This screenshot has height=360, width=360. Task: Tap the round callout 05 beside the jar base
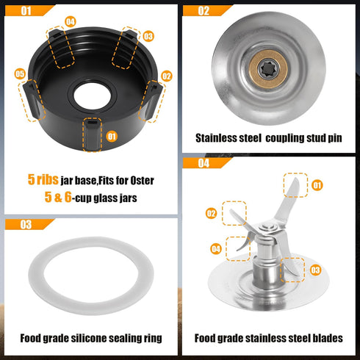coord(20,73)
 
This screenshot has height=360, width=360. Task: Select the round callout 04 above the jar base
coord(70,21)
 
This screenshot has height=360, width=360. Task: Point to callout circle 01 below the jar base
coord(112,136)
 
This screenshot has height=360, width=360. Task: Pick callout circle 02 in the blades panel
coord(211,214)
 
